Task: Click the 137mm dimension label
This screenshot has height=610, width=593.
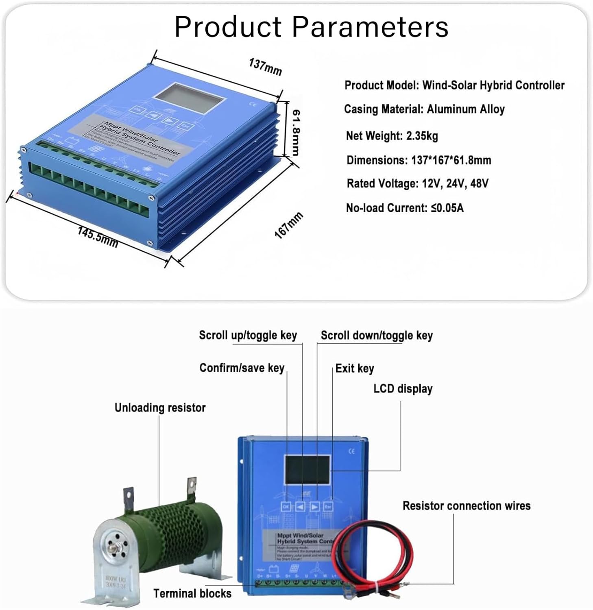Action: pos(265,67)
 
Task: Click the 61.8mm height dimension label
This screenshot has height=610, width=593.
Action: pos(296,133)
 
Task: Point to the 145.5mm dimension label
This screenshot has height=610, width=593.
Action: pos(98,237)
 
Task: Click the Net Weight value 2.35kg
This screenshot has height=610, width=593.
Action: pos(422,136)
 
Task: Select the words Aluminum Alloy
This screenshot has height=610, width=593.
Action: pos(465,109)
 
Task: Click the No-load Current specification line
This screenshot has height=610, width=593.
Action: pos(404,208)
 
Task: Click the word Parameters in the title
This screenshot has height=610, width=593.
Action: pos(370,27)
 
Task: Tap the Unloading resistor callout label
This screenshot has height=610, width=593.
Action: pos(160,407)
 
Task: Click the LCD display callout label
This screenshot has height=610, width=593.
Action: pos(403,389)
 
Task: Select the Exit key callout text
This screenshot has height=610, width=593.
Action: pos(354,368)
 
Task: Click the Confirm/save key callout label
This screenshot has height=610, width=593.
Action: pos(242,368)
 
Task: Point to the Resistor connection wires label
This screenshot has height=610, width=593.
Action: pos(466,505)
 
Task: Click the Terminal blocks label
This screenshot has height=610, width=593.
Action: pos(192,593)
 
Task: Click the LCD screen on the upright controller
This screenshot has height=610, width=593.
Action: pos(307,470)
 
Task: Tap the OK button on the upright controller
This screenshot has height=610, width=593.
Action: pos(286,507)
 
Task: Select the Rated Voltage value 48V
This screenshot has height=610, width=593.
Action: pos(479,183)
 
